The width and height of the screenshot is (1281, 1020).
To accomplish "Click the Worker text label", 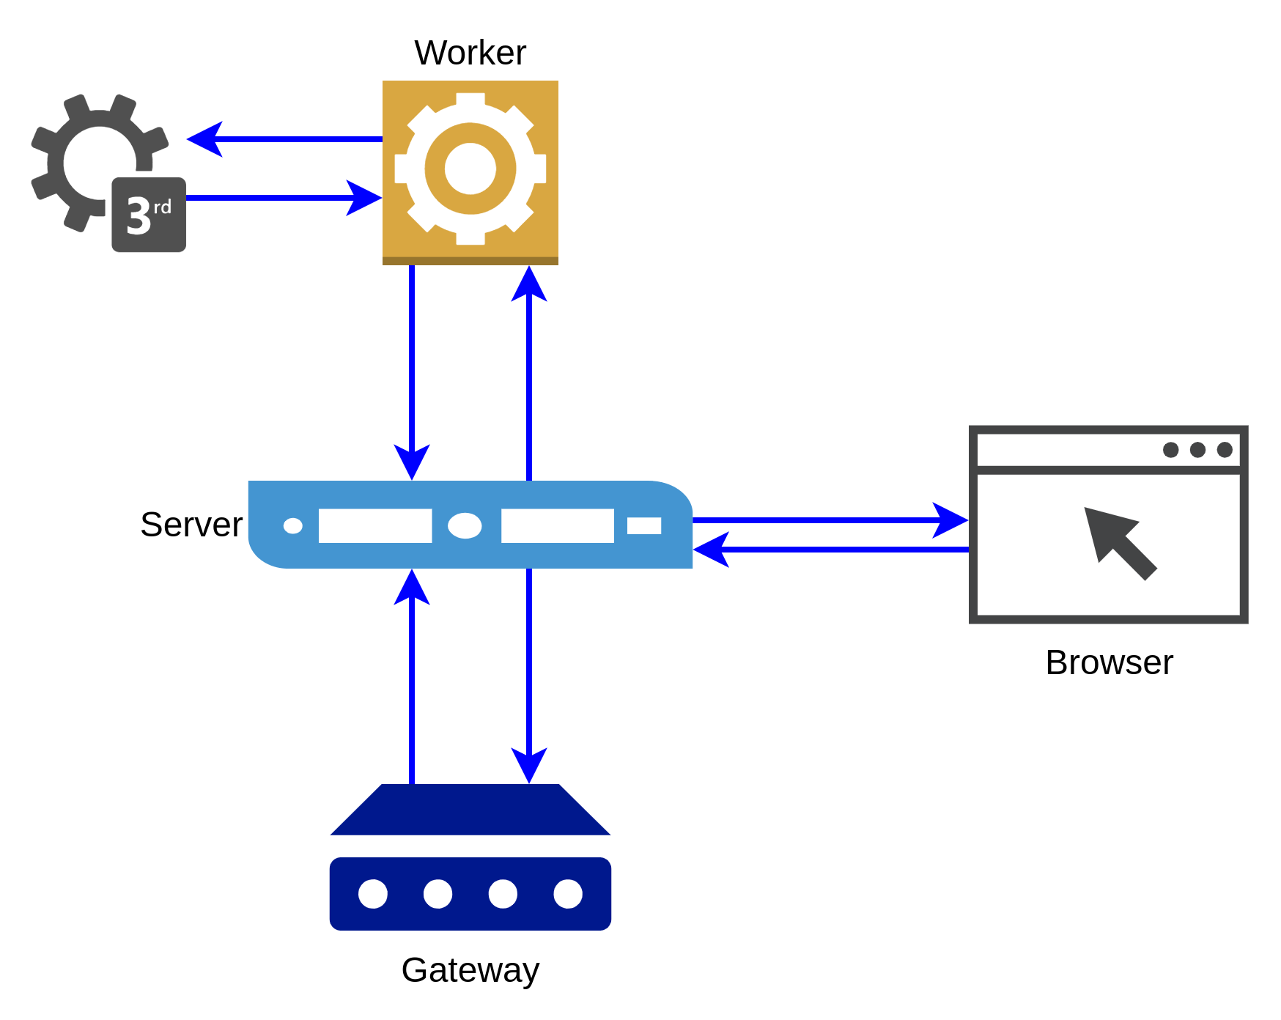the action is coord(470,53).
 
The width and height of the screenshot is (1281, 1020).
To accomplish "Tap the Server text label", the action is coord(191,525).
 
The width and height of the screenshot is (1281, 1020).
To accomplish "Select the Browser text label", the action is coord(1109,662).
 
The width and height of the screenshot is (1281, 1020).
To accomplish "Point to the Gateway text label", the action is coord(470,970).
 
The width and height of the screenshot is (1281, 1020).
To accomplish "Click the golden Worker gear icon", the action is coord(470,172).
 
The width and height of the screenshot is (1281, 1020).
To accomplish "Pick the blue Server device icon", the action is coord(470,525).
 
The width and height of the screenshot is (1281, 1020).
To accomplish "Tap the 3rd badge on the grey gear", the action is coord(149,215).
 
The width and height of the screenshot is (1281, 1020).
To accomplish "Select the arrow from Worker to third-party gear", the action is coord(284,138).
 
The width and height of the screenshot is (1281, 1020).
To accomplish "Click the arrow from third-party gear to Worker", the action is coord(284,198).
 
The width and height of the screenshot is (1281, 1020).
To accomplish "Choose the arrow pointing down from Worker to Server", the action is coord(412,373).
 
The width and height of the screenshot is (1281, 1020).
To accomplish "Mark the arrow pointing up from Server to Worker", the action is coord(529,373).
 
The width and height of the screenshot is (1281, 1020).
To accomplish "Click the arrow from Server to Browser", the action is coord(831,520).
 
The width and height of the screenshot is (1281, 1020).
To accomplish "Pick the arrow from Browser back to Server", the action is coord(831,549).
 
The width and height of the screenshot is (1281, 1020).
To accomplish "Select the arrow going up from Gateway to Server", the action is coord(412,676).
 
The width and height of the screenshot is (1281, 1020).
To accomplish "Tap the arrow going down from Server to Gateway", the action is coord(529,676).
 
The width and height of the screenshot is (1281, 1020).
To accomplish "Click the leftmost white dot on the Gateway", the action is coord(373,894).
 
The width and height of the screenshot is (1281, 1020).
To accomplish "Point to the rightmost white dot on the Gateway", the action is coord(568,894).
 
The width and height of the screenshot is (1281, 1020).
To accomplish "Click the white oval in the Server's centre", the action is coord(465,525).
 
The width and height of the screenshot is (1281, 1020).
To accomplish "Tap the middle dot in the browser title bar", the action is coord(1197,449).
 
